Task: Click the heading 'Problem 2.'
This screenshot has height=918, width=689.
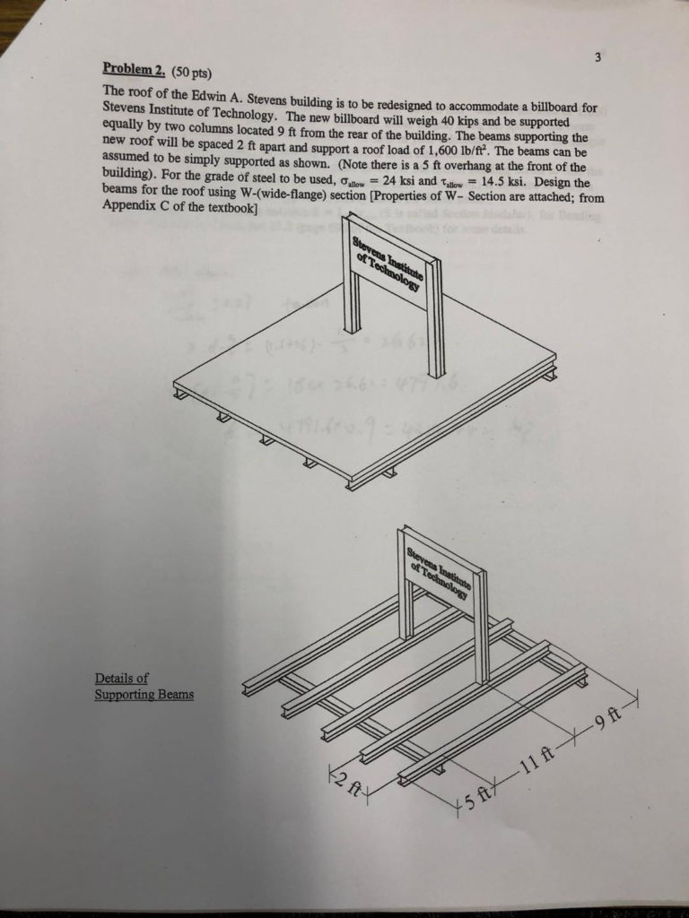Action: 128,68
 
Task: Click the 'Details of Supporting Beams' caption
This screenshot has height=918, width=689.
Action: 144,687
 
